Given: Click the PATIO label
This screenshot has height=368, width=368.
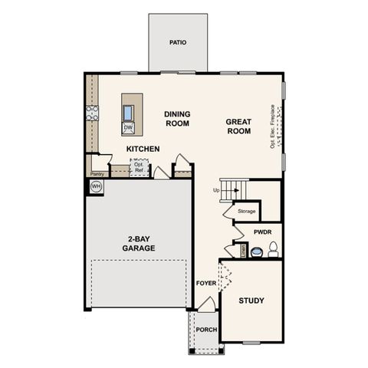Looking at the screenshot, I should coord(178,43).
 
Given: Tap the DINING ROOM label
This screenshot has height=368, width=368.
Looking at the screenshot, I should coord(177,119).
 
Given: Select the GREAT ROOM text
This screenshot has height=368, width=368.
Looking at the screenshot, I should coord(238,127).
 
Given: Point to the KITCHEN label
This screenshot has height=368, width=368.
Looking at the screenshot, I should coord(143,149).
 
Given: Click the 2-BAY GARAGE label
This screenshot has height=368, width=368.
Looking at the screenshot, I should coord(139,243).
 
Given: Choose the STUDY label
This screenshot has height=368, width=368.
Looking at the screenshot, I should coord(251,301).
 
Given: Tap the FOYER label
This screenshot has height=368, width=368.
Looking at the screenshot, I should coord(206,283).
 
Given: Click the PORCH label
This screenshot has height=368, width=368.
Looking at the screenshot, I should coord(206,330).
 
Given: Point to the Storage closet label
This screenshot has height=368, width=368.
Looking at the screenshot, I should coord(246,211).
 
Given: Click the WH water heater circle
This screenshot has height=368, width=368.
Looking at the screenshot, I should coord(97,186).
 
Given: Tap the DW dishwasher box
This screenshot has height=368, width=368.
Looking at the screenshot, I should coord(128,127).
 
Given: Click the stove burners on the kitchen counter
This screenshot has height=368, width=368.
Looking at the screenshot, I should coord(93,113).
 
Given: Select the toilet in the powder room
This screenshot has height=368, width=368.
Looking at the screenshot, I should coord(271,249).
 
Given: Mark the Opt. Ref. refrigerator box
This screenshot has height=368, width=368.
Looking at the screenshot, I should coord(139,166).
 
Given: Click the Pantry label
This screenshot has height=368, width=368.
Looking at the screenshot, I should coord(97,174).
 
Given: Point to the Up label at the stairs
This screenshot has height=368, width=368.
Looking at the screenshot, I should coord(216,190).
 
